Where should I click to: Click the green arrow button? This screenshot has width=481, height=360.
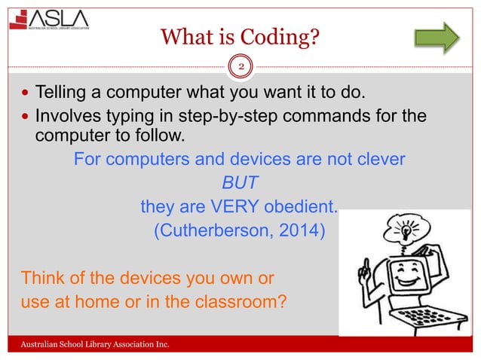click(x=437, y=35)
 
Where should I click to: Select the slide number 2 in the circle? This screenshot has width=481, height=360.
click(x=240, y=67)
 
